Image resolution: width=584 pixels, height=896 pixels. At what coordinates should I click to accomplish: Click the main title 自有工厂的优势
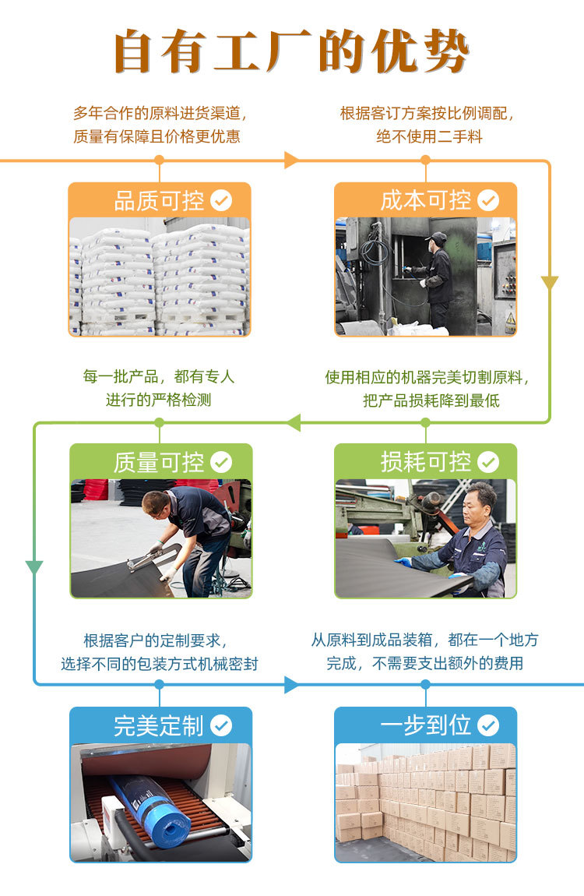[291, 52]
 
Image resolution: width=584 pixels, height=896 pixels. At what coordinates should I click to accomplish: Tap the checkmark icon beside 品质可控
[221, 201]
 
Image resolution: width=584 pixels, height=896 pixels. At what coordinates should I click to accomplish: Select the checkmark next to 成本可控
[488, 201]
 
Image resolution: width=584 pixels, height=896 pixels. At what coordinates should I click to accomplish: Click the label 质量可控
[159, 463]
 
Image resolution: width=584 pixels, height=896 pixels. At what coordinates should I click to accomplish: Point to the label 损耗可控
[425, 463]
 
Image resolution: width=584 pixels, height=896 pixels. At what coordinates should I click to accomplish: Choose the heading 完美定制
[159, 726]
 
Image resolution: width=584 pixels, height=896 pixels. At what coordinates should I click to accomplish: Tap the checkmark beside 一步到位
[488, 726]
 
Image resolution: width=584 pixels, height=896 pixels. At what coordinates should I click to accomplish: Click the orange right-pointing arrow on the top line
[291, 161]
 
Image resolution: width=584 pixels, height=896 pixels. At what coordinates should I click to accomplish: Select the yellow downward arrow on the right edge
[550, 283]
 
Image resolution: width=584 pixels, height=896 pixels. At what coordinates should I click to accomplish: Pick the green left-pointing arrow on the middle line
[293, 423]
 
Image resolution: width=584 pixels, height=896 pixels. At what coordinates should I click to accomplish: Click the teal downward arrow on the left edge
[34, 567]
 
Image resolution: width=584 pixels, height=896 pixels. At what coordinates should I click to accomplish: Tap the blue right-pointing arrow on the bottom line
[291, 685]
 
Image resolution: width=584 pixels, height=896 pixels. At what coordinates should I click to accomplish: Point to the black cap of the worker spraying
[438, 237]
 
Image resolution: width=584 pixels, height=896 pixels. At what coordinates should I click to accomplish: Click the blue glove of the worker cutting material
[403, 561]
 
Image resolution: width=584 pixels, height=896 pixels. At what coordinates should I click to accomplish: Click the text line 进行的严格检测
[159, 400]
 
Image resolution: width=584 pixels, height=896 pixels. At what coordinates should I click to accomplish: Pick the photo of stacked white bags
[160, 277]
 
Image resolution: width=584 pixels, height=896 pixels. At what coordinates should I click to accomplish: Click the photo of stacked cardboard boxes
[425, 803]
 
